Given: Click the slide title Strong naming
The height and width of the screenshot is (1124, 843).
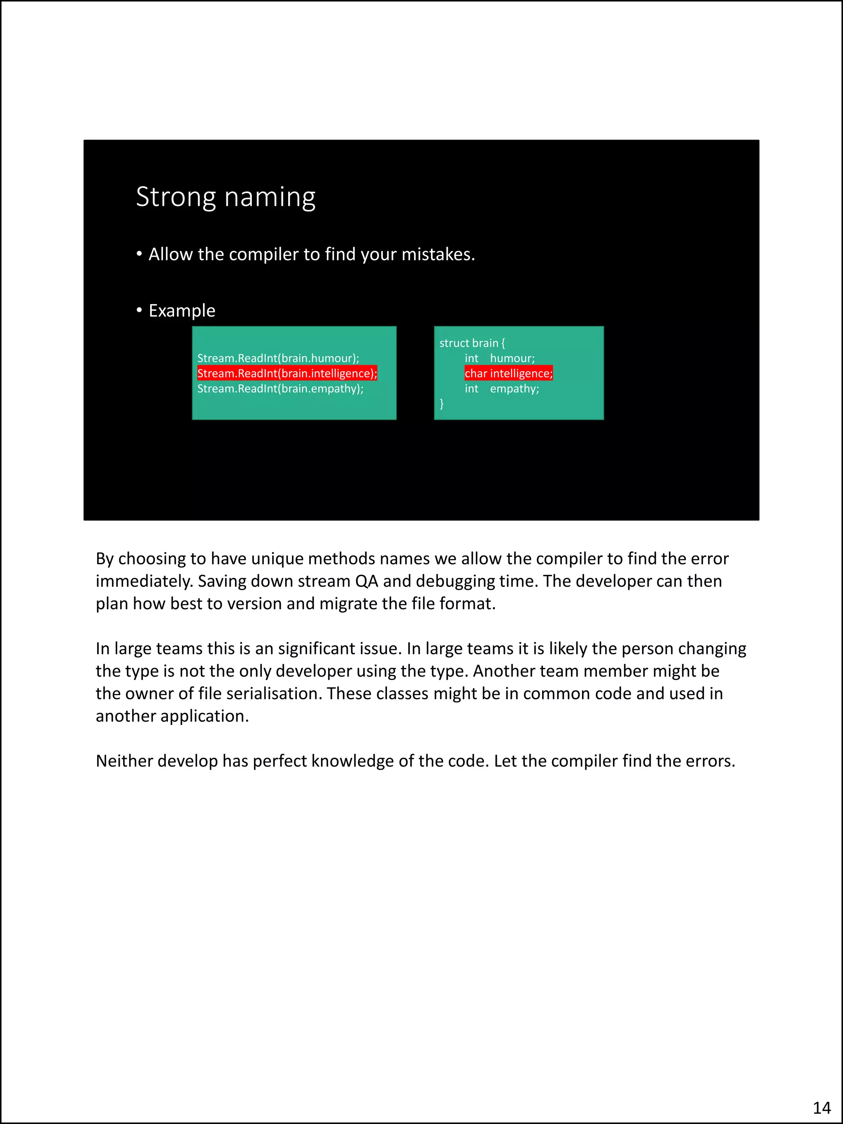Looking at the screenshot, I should pos(225,197).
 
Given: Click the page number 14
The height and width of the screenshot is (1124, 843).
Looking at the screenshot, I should pos(822,1107).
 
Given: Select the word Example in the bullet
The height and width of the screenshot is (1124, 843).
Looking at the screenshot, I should pos(182,310).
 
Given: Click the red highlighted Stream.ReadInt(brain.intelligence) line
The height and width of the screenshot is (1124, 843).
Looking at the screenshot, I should pos(287,373).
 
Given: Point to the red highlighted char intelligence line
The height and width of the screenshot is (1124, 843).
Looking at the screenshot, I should pos(508,373).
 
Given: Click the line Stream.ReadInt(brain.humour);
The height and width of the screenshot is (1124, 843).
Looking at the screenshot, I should pos(278,358).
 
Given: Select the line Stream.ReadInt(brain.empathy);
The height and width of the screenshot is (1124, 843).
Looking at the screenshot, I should pos(280,389).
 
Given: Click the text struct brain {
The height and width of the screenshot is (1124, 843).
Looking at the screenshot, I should pos(472,343).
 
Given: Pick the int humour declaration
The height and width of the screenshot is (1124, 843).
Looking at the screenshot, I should pos(499,358).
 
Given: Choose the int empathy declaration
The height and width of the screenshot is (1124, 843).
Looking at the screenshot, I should pos(501,389).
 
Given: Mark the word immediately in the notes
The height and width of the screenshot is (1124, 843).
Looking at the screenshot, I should pos(144,581).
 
